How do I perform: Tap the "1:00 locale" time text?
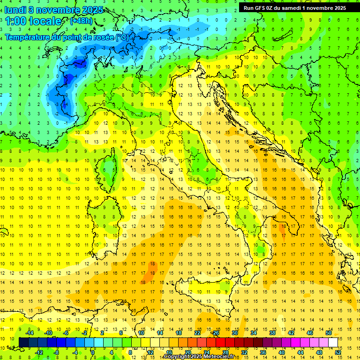pos(33,21)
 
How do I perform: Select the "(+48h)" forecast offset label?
pos(81,21)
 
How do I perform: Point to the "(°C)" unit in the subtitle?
pos(121,37)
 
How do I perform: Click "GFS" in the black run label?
pos(261,8)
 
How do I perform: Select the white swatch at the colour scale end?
pos(333,343)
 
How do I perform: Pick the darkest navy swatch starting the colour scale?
pos(23,343)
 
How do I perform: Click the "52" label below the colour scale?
pos(338,352)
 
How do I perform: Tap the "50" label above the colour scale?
pos(328,333)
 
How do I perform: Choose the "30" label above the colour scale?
pos(234,333)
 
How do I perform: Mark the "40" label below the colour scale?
pos(282,352)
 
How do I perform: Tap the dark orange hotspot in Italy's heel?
pos(282,229)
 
